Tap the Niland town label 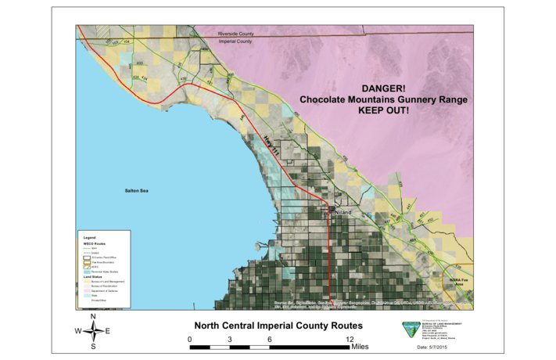pos(344,212)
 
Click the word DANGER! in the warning pos(383,90)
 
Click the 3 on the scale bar pos(230,338)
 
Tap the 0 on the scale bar pos(190,338)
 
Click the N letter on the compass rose pos(93,317)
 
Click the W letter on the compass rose pos(77,331)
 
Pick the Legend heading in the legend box pos(90,236)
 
